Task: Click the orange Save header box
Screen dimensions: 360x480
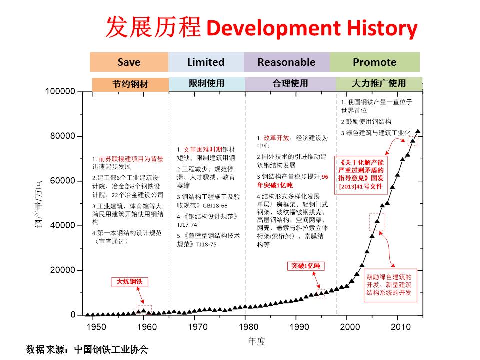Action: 129,62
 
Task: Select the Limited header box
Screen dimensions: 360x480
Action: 206,62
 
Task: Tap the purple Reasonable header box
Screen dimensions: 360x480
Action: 286,62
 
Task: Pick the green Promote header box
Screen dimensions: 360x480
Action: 374,62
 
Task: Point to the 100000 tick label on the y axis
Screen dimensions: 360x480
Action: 60,92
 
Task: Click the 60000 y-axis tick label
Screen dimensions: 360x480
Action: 63,181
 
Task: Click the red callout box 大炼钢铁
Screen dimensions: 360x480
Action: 130,282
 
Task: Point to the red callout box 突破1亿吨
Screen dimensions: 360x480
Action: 306,266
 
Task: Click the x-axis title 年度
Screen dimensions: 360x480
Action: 257,341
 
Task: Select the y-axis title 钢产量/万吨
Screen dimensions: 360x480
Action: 39,203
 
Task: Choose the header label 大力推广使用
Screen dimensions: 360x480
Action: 379,83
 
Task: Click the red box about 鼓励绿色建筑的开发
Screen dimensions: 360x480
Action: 390,285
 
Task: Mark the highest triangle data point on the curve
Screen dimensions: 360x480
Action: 418,132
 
